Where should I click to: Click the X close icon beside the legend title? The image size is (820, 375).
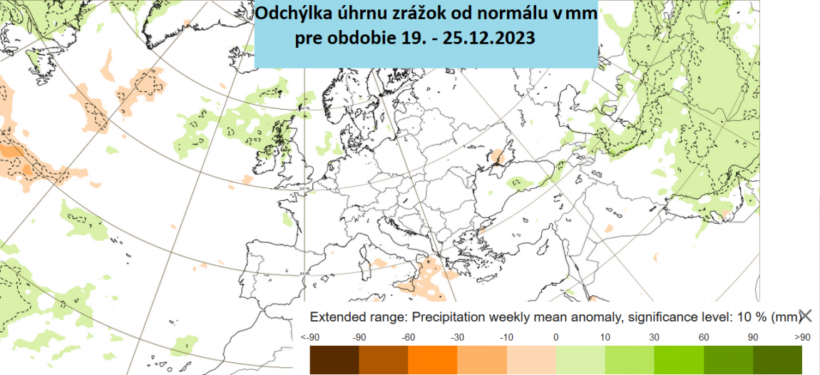pyautogui.click(x=806, y=316)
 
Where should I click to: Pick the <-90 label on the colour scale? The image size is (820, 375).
pyautogui.click(x=310, y=337)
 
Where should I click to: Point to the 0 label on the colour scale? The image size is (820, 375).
pyautogui.click(x=555, y=337)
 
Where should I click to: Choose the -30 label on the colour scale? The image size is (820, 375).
pyautogui.click(x=457, y=337)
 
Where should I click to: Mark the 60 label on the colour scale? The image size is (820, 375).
pyautogui.click(x=703, y=337)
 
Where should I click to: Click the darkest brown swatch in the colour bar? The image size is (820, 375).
pyautogui.click(x=334, y=359)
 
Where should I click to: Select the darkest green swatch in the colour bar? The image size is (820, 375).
pyautogui.click(x=777, y=359)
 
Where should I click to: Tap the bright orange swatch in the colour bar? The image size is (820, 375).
pyautogui.click(x=432, y=359)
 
